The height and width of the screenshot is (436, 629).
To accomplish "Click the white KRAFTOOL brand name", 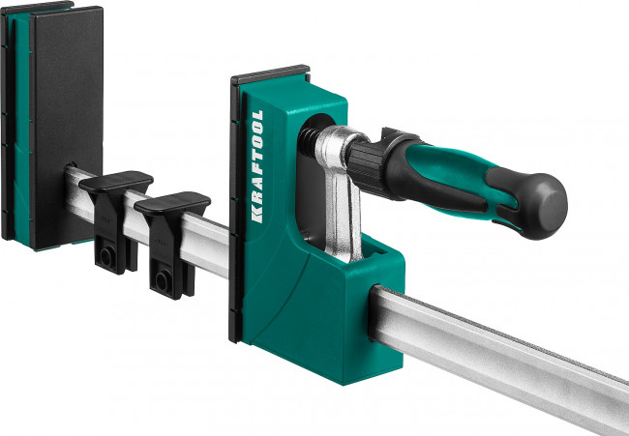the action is pos(256,166).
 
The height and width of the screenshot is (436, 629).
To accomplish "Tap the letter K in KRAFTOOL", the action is pos(256,216).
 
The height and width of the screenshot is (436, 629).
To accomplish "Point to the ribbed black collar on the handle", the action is pos(366,165).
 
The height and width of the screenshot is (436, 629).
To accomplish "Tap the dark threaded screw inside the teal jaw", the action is pos(308,143).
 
